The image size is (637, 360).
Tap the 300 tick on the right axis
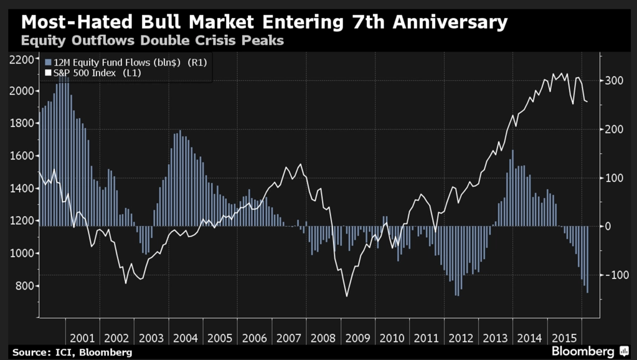pyautogui.click(x=613, y=81)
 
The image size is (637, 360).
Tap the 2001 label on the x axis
pyautogui.click(x=83, y=338)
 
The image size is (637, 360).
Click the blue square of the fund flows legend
pyautogui.click(x=47, y=62)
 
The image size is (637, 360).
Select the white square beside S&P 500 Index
pyautogui.click(x=47, y=73)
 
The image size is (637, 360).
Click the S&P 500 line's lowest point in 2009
pyautogui.click(x=347, y=296)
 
